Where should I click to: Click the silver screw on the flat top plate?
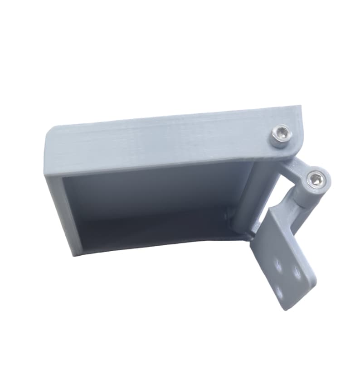coord(280,136)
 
